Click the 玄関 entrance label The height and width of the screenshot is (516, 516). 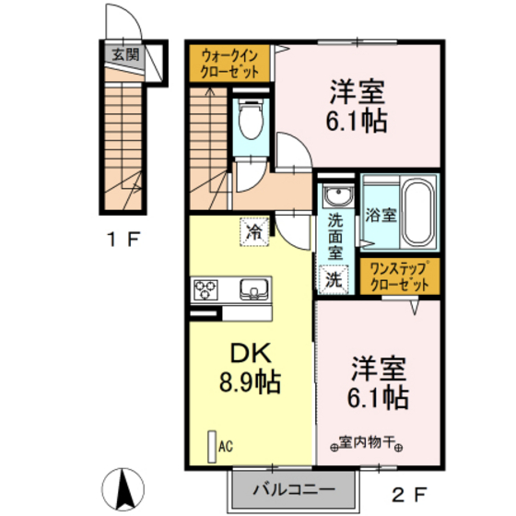pos(125,54)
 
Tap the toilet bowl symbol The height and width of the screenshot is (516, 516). pos(251,119)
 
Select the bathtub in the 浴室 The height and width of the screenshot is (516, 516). pos(418,212)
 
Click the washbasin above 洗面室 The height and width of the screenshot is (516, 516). pos(338,195)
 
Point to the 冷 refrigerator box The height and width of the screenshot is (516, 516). pos(254,232)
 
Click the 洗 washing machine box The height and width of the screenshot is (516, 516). pos(334,279)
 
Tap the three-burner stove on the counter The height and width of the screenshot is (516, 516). pos(205,289)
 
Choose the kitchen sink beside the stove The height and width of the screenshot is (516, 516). pos(253,289)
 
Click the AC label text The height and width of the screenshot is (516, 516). pos(226,447)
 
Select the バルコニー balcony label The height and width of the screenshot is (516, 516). pos(294,490)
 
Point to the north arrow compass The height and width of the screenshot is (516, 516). pos(123,488)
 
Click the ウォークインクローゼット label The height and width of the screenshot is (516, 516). pos(229,64)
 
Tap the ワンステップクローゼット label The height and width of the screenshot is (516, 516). pos(400,277)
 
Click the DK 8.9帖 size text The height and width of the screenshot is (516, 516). pos(251,368)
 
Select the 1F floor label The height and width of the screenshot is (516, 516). pos(124,240)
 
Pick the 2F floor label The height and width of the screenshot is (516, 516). pos(410,495)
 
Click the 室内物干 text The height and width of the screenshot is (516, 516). pos(368,442)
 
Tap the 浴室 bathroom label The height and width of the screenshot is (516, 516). pos(381,216)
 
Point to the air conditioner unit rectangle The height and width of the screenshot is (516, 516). pos(212,447)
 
